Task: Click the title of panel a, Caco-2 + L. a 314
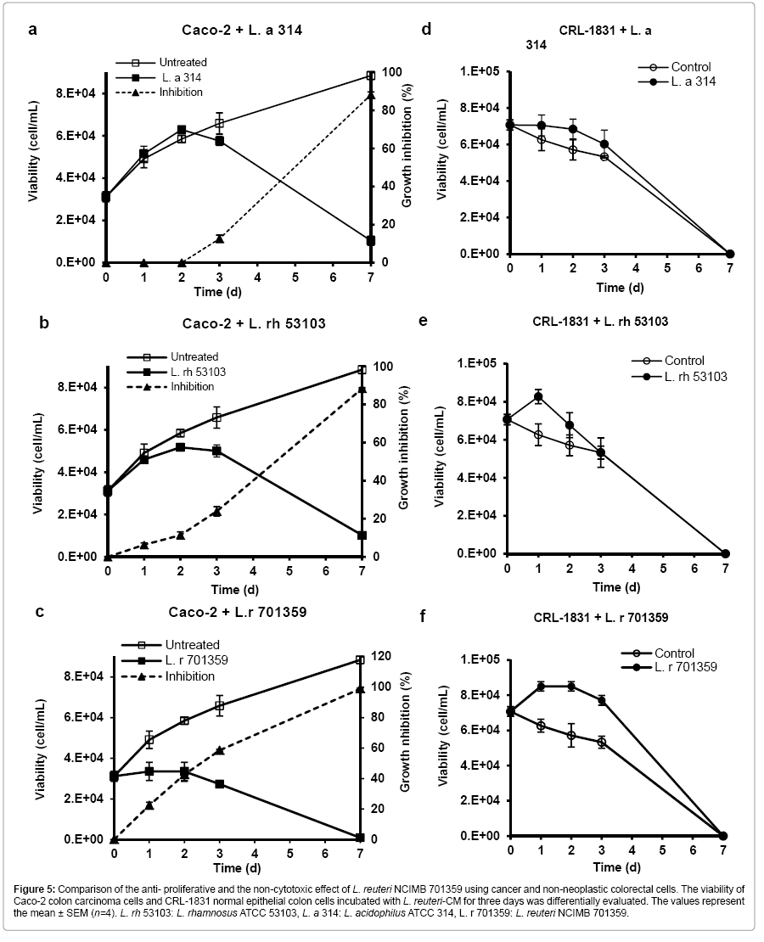(x=239, y=31)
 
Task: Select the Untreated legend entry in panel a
(x=182, y=62)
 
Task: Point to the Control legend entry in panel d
(x=691, y=67)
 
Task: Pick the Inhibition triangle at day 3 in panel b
(x=216, y=511)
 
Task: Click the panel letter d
(x=426, y=31)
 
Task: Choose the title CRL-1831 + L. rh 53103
(x=600, y=322)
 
